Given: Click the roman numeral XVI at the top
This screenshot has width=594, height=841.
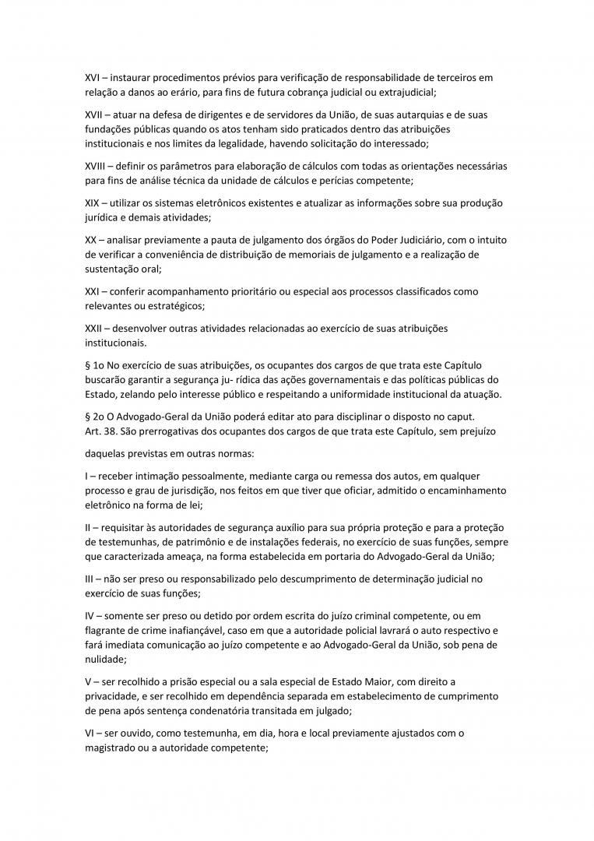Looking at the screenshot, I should (x=93, y=78).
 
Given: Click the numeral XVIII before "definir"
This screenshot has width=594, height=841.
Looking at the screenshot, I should (x=96, y=167).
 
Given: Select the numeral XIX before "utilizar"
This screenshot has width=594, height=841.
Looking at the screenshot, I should (x=93, y=202).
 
